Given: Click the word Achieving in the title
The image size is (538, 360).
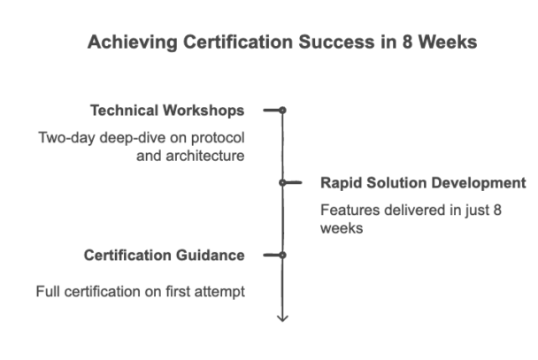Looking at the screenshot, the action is click(133, 42).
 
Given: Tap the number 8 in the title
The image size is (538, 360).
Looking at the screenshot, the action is click(407, 42).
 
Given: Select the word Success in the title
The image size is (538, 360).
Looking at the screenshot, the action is click(337, 42).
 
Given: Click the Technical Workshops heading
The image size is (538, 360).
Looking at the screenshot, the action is click(167, 111).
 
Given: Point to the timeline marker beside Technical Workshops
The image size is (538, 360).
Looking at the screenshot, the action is click(282, 110).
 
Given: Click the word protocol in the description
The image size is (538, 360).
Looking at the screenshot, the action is click(218, 138).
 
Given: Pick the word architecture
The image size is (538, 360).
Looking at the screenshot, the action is click(205, 156).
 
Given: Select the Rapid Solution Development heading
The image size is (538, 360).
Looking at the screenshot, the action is click(423, 183).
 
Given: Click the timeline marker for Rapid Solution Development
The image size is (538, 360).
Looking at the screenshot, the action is click(282, 183).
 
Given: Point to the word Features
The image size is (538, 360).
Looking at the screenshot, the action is click(350, 210).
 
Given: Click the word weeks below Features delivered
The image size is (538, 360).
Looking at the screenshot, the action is click(342, 228).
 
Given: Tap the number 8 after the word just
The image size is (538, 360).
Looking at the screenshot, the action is click(497, 210).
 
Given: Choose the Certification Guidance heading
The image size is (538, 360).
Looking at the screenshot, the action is click(165, 256).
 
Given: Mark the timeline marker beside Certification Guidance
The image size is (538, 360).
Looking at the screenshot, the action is click(282, 255).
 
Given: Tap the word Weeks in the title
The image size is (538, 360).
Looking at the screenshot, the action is click(448, 42).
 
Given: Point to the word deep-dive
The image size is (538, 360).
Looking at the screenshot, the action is click(133, 138).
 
